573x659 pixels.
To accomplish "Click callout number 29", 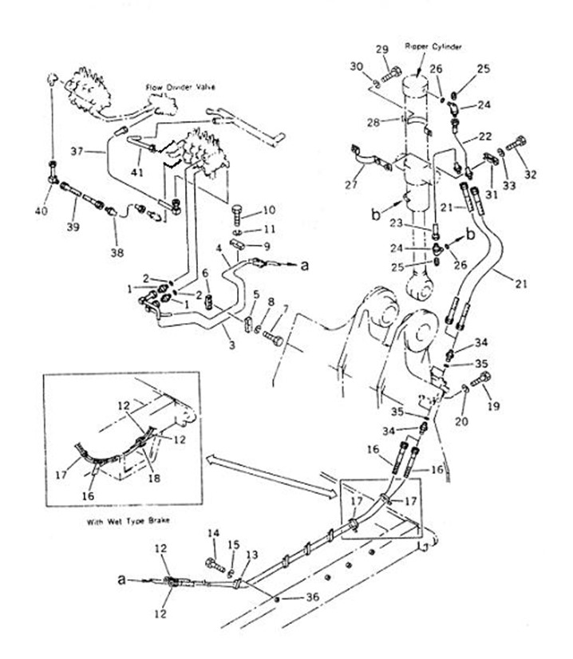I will pos(383,49).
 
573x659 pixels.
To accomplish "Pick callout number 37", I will pos(77,150).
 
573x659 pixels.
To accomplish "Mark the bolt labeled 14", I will pos(214,565).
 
